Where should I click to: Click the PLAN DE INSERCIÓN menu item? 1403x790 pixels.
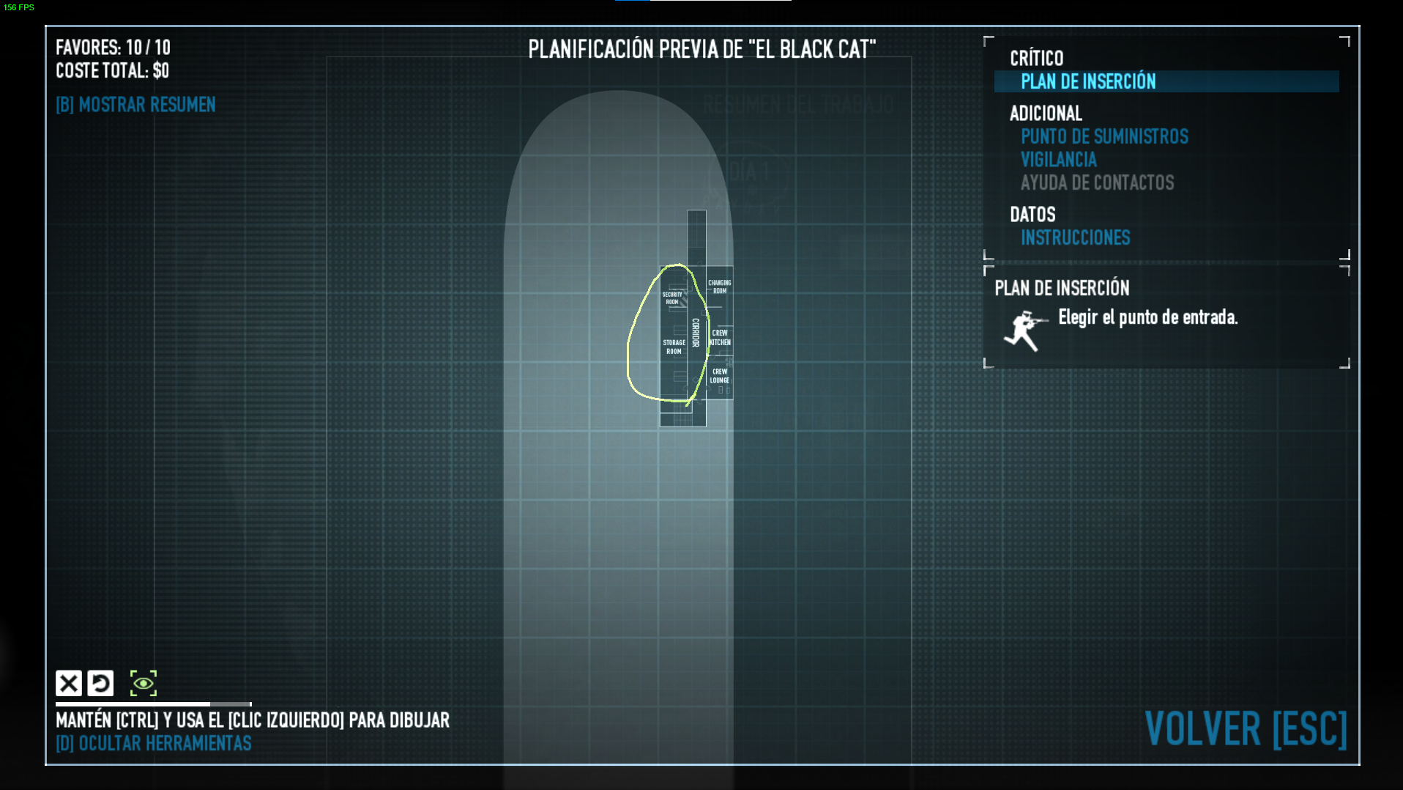pos(1088,81)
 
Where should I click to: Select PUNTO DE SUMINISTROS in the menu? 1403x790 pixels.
pos(1104,136)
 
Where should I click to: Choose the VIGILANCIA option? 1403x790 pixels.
pos(1058,160)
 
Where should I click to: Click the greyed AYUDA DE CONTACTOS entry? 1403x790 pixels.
pos(1097,182)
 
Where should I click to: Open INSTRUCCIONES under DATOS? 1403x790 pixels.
pos(1075,237)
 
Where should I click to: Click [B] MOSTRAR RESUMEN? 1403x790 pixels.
pos(135,105)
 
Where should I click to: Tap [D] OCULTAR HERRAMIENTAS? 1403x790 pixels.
pos(153,743)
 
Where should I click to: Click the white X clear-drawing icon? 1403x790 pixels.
pos(69,683)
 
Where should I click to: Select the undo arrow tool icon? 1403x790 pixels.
pos(100,683)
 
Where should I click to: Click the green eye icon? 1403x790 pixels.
pos(144,683)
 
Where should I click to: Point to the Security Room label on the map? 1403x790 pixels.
pos(672,298)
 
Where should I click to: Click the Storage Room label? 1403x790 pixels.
pos(674,347)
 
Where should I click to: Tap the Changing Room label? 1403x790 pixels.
pos(719,287)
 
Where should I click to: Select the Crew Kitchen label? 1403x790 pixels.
pos(720,338)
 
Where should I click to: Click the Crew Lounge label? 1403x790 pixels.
pos(720,376)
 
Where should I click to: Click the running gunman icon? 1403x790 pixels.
pos(1024,331)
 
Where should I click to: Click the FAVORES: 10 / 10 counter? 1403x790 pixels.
pos(113,48)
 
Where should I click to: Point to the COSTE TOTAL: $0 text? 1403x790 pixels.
pos(112,71)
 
